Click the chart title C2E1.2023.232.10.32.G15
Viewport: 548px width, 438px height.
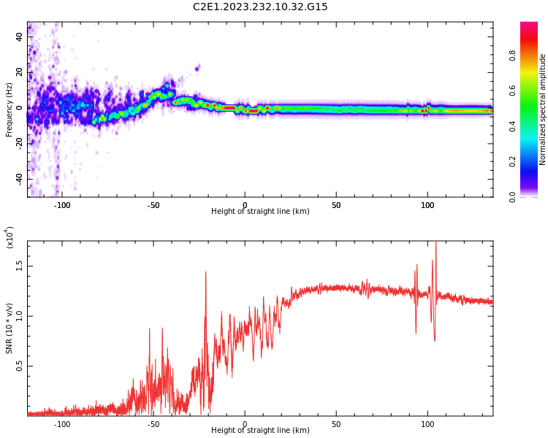[260, 7]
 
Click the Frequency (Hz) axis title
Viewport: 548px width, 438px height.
[9, 109]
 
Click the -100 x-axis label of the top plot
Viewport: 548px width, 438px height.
[62, 205]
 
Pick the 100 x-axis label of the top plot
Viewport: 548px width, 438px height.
[427, 205]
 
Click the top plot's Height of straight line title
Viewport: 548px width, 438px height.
[260, 212]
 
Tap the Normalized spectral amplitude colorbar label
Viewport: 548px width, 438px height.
[543, 109]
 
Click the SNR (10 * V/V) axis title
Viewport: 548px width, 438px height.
[9, 328]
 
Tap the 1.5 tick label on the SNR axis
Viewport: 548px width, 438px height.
[20, 266]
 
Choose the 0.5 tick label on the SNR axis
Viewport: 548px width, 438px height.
[20, 366]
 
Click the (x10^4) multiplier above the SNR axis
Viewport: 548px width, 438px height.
[10, 238]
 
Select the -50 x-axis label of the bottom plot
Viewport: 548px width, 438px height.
[153, 424]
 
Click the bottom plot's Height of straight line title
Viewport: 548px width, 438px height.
[260, 431]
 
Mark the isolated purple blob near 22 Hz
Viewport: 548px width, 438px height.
[197, 69]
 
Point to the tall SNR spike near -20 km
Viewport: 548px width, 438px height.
[205, 273]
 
